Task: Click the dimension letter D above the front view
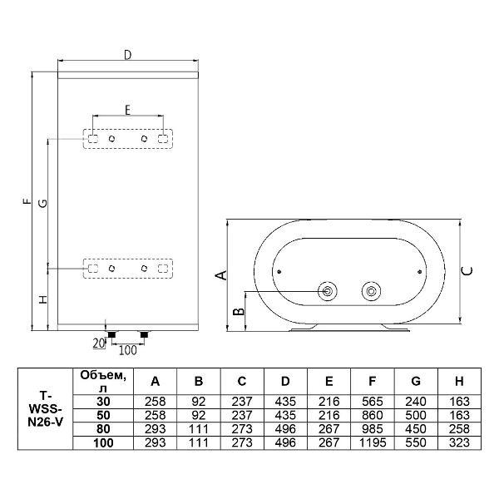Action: (127, 55)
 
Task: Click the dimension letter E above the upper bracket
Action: (127, 109)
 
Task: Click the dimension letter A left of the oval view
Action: (220, 275)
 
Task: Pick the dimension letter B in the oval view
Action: (239, 311)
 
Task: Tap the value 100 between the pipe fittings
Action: (128, 348)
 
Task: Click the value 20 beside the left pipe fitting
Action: (97, 342)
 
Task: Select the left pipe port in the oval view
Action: (329, 291)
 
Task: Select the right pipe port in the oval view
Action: (369, 291)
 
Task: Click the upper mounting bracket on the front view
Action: (129, 139)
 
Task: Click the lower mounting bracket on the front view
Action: (129, 269)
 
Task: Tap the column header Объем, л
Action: (104, 381)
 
